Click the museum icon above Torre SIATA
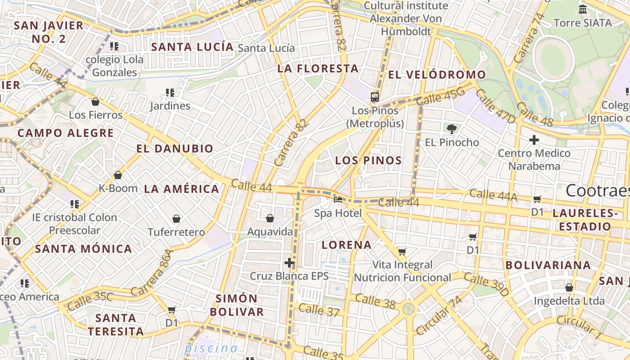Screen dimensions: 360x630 (x=583, y=9)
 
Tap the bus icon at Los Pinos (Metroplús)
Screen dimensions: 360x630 (x=375, y=97)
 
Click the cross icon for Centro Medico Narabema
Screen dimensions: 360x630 (x=534, y=140)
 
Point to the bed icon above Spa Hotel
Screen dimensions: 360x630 (x=338, y=199)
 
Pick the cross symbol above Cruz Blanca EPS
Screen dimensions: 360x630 (x=289, y=263)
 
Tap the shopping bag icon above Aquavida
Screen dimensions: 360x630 (x=270, y=219)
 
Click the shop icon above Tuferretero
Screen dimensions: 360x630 (x=176, y=219)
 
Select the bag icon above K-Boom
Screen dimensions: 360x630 (x=118, y=175)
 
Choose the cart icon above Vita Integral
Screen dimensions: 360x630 (x=402, y=252)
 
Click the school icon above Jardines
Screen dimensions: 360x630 (x=170, y=93)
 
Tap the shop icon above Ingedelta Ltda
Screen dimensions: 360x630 (x=569, y=288)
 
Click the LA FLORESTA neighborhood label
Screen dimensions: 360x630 (x=318, y=69)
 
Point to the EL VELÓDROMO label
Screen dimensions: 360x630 (x=437, y=75)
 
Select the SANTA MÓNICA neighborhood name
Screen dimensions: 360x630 (x=84, y=249)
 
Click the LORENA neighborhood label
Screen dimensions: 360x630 (x=346, y=245)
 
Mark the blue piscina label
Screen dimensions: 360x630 (x=211, y=348)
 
